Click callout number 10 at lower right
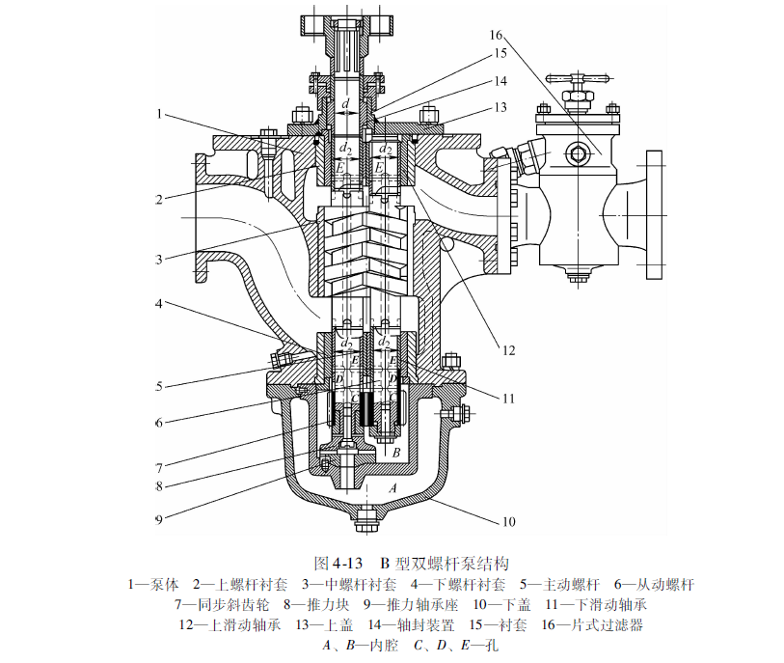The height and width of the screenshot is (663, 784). click(x=508, y=522)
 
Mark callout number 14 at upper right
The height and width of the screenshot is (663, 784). click(x=500, y=82)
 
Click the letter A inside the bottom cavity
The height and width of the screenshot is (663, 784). click(x=392, y=489)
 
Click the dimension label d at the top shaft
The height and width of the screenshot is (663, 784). click(x=346, y=102)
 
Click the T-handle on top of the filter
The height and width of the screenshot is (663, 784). click(x=573, y=74)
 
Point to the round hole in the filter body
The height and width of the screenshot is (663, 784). click(x=579, y=152)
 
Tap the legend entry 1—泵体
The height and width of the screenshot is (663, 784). click(x=153, y=584)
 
